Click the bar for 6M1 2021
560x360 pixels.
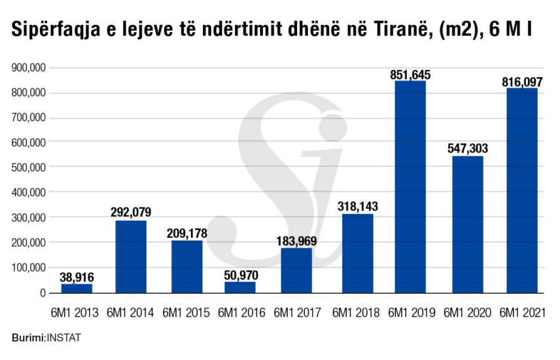521,190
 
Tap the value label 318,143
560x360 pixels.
358,206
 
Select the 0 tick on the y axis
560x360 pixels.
41,293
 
